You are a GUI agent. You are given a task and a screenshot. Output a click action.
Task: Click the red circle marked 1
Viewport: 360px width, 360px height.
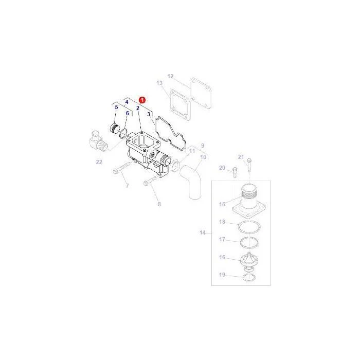pos(142,100)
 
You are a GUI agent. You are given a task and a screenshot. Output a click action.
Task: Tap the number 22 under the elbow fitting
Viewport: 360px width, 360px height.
pos(99,162)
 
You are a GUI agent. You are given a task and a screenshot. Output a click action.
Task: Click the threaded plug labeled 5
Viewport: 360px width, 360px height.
pos(114,128)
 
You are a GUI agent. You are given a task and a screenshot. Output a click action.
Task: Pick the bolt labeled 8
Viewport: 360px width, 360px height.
pos(150,181)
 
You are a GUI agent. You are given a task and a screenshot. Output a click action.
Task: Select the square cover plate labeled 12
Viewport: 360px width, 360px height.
pos(201,93)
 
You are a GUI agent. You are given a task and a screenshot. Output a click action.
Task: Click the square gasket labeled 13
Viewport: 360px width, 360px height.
pos(180,105)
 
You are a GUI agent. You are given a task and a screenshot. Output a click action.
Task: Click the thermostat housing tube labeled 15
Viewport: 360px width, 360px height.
pos(249,199)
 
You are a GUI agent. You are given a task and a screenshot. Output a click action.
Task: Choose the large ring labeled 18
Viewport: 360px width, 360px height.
pos(249,227)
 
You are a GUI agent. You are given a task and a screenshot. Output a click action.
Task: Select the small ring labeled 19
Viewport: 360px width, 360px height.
pos(249,277)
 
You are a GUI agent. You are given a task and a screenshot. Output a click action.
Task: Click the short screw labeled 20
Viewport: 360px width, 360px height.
pos(235,172)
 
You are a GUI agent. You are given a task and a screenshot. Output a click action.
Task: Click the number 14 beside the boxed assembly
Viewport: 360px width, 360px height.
pos(202,232)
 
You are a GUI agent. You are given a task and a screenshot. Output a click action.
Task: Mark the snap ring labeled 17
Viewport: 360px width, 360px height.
pos(249,242)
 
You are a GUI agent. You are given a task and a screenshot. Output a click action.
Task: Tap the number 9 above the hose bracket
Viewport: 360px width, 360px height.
pos(203,146)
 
